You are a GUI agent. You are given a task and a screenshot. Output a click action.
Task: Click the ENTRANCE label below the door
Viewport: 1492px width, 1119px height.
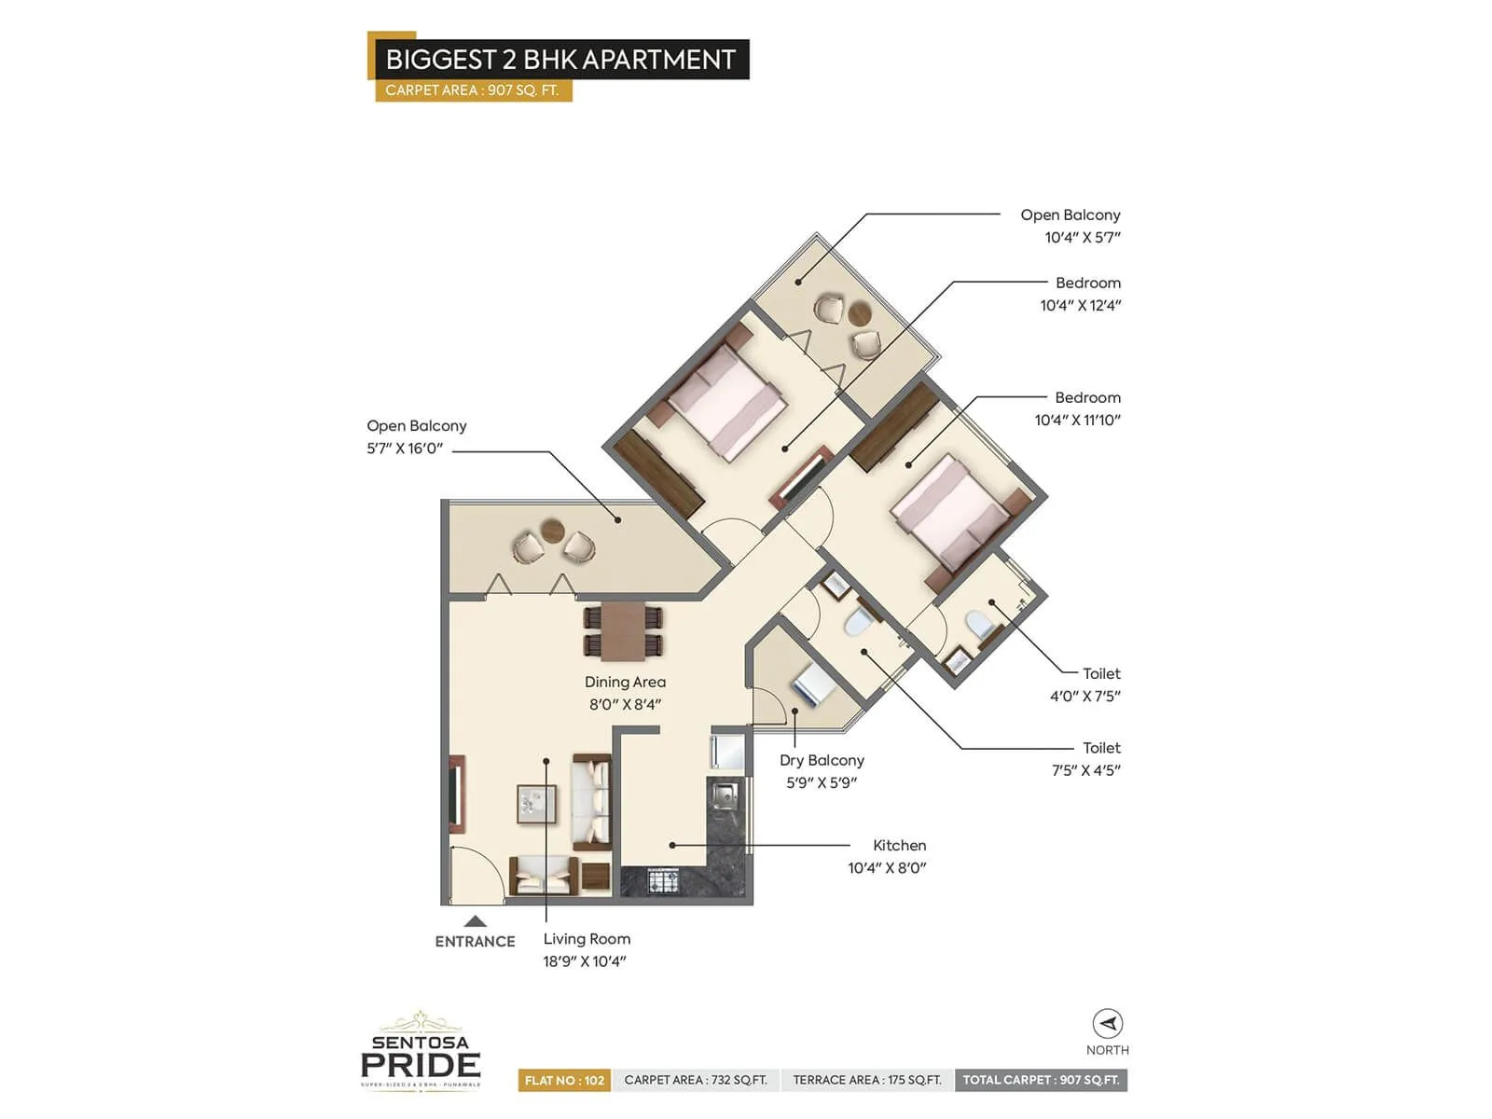[x=475, y=942]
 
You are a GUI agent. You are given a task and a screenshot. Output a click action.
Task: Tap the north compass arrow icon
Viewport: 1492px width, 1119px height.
[x=1108, y=1024]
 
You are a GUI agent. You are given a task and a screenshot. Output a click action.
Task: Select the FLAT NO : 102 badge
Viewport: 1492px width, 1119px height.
[x=564, y=1080]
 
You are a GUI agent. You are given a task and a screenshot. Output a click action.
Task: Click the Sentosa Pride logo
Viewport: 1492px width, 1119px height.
[x=421, y=1052]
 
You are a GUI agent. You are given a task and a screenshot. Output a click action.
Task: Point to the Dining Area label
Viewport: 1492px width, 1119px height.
[x=625, y=683]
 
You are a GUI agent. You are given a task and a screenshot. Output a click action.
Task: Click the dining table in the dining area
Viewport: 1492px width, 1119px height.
[x=623, y=630]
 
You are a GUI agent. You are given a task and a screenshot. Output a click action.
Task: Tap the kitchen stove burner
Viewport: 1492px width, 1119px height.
[x=663, y=880]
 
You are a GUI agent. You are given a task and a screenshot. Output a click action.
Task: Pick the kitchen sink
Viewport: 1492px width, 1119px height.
[x=724, y=794]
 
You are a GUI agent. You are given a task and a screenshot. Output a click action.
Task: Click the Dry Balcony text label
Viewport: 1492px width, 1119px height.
[x=822, y=761]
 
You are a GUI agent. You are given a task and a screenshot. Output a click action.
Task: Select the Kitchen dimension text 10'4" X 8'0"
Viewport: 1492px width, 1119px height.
[x=886, y=868]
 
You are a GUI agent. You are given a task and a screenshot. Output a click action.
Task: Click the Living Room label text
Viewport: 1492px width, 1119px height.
[x=587, y=939]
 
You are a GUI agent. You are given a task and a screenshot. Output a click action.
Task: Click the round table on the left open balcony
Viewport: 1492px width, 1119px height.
[x=553, y=530]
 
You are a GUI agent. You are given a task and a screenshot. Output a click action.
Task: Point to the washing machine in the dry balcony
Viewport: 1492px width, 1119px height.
[x=814, y=685]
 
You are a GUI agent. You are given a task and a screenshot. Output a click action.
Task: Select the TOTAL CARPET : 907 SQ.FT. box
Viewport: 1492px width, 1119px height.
[x=1041, y=1080]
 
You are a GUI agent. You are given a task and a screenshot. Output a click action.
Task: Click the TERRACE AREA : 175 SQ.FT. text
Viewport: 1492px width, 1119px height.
[x=867, y=1080]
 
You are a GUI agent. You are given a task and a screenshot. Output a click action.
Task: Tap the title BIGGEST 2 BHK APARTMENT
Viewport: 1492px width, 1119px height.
[x=560, y=60]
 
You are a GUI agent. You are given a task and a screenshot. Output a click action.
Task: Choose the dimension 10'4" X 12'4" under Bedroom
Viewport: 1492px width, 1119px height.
[x=1080, y=306]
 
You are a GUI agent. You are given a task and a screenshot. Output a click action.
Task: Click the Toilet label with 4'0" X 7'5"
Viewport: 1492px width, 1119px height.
[x=1100, y=673]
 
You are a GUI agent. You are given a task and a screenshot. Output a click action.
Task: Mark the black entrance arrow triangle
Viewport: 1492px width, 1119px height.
[x=476, y=920]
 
